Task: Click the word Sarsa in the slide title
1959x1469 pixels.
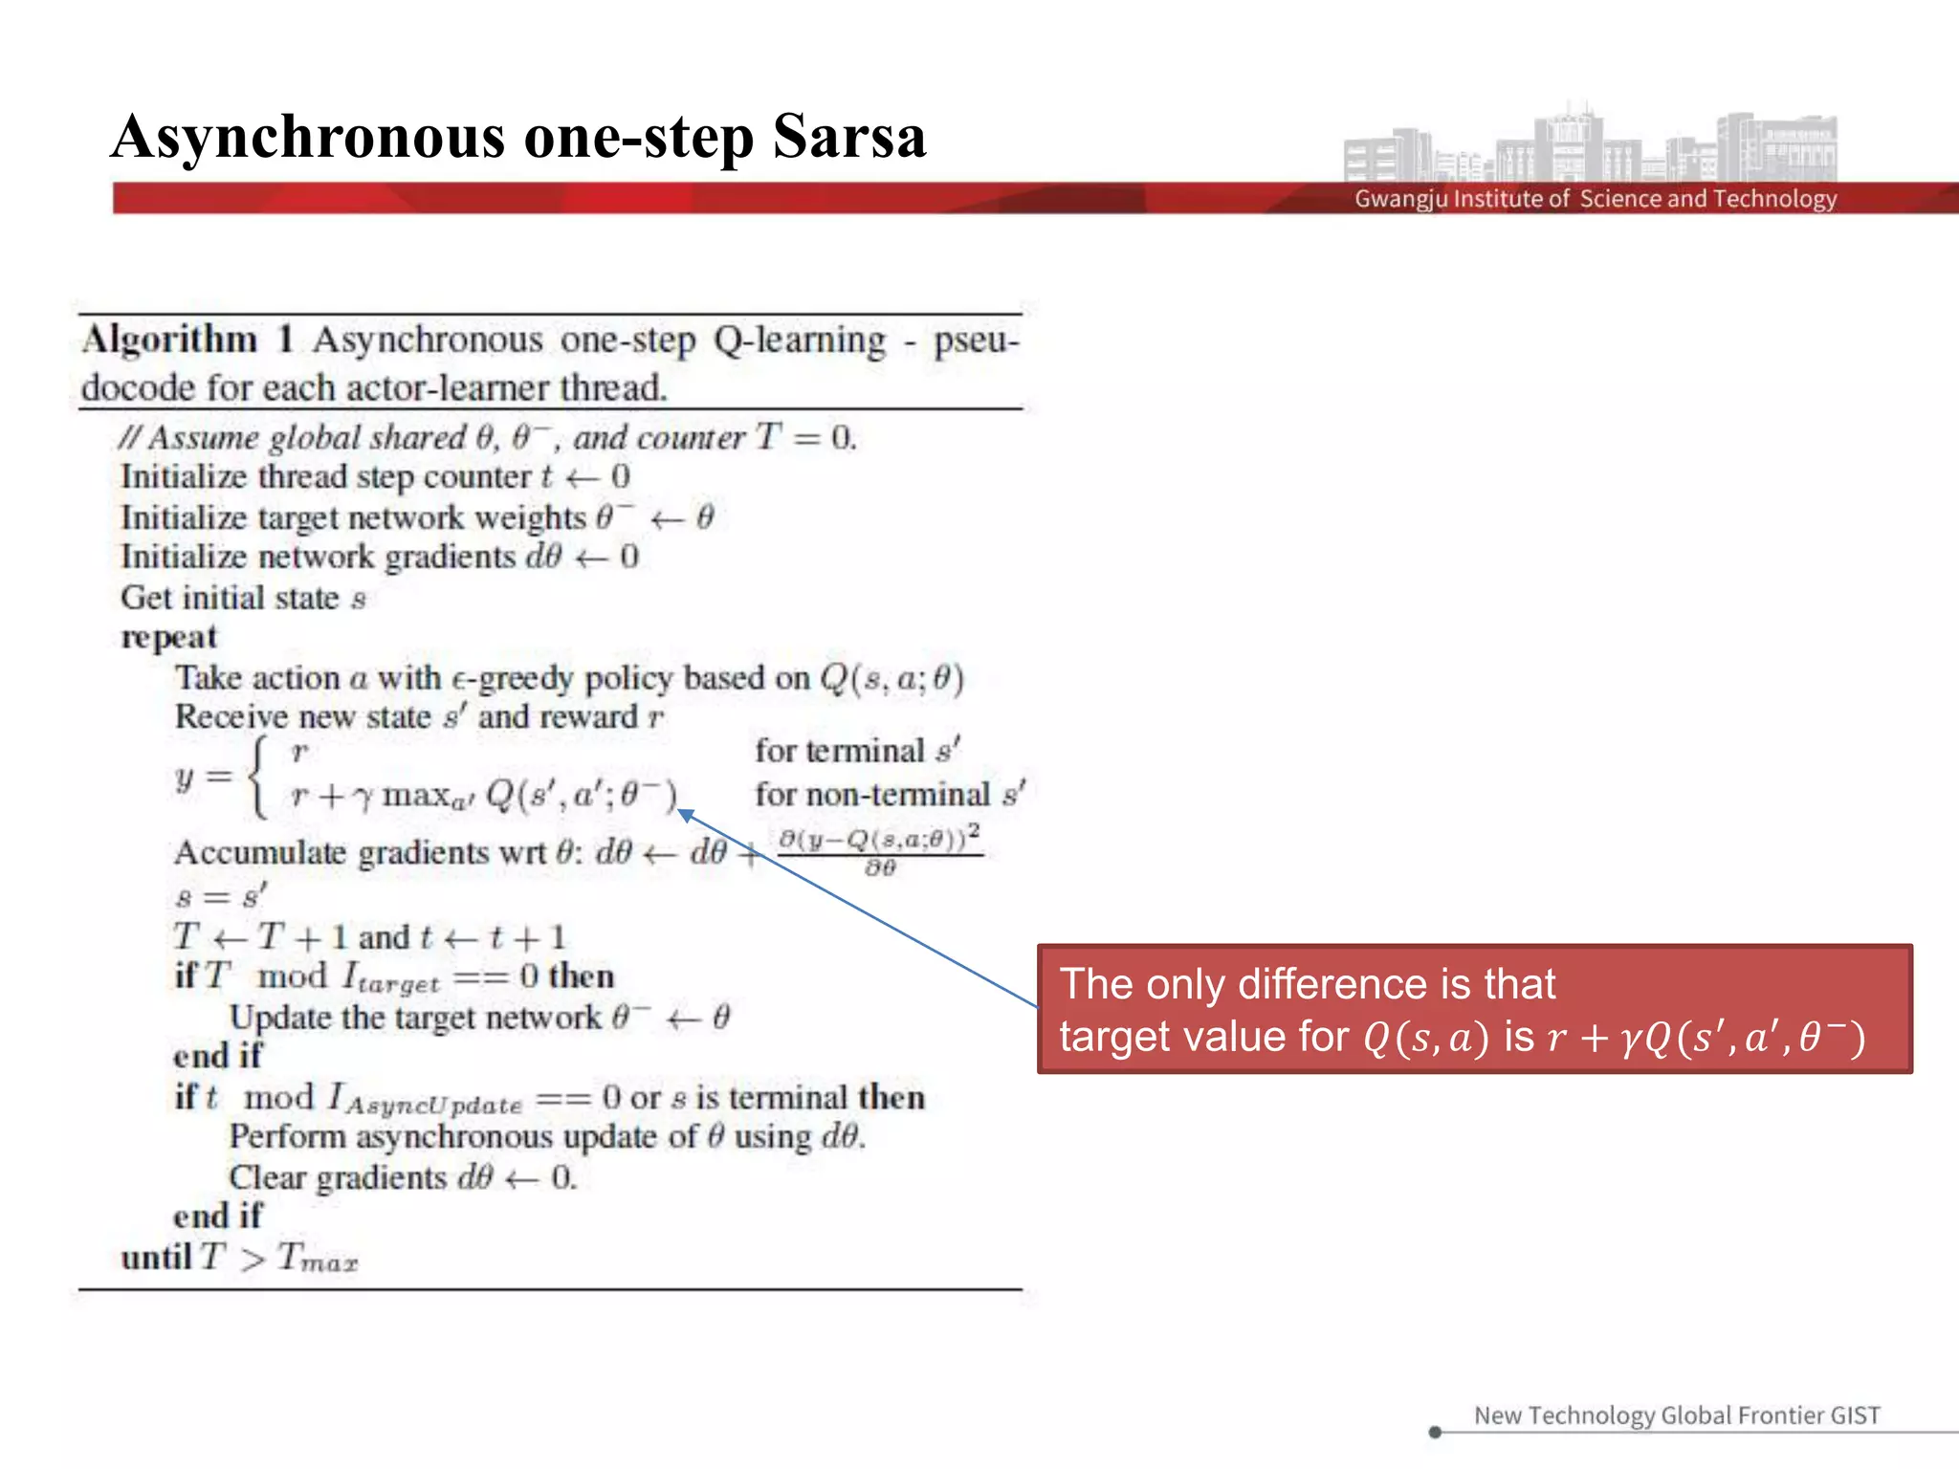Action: (849, 137)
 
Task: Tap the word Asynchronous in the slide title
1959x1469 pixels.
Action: (306, 137)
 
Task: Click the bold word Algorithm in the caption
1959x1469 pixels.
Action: (169, 340)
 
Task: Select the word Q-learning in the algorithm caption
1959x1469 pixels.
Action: (800, 340)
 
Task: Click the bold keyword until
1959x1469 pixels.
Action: (156, 1257)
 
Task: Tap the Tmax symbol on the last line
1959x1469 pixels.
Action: (318, 1259)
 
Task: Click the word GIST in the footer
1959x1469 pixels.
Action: (1855, 1415)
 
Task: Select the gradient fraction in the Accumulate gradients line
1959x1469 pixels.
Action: (879, 851)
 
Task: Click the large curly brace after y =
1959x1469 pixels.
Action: (257, 778)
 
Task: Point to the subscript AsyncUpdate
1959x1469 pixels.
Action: (434, 1106)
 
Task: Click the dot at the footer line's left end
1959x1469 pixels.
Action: (1435, 1432)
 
